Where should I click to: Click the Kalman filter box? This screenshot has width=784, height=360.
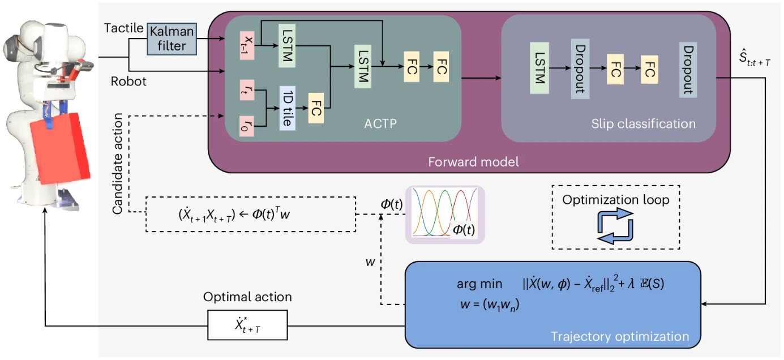click(172, 39)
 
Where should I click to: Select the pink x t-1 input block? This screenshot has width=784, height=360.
click(247, 45)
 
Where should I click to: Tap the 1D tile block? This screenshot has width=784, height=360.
click(287, 108)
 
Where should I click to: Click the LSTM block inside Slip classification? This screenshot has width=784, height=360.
click(539, 68)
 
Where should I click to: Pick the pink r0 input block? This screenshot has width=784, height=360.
click(247, 126)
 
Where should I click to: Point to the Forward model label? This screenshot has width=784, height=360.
click(473, 162)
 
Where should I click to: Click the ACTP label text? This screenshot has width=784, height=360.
click(380, 123)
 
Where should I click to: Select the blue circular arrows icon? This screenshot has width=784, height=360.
click(615, 226)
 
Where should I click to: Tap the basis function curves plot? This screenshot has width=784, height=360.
click(445, 214)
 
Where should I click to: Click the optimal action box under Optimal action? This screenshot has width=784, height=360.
click(247, 325)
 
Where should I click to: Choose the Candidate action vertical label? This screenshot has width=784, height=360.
click(117, 164)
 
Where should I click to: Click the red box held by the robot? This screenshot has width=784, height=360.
click(60, 148)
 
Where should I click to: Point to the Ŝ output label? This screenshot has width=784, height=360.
click(755, 58)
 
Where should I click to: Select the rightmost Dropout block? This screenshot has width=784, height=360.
click(688, 70)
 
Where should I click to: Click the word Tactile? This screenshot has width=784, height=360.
click(124, 28)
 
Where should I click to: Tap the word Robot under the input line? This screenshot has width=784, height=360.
click(128, 82)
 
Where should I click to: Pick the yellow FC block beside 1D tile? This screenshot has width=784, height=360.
click(316, 108)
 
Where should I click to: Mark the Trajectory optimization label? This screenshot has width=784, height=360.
click(620, 337)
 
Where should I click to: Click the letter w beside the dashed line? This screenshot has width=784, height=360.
click(370, 262)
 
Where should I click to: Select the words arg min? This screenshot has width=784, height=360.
click(479, 284)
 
